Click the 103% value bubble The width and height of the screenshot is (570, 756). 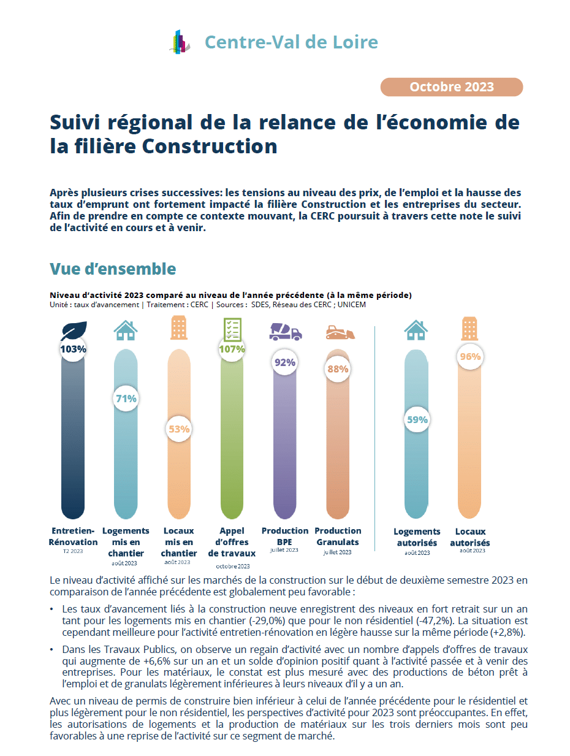[72, 349]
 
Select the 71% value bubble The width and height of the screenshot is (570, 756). [126, 399]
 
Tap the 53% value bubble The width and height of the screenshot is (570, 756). [178, 429]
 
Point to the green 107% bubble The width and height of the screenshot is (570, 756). [232, 349]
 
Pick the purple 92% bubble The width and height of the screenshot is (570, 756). [284, 362]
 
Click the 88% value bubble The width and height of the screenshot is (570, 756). [338, 369]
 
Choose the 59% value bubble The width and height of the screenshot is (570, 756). [417, 419]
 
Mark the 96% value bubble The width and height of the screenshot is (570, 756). [470, 356]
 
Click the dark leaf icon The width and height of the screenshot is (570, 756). [74, 330]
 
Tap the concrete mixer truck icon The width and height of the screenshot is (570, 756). [286, 332]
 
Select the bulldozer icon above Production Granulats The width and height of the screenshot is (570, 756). [340, 332]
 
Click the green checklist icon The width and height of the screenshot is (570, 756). [232, 329]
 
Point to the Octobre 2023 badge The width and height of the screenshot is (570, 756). [451, 87]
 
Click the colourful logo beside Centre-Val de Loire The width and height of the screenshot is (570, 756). [180, 42]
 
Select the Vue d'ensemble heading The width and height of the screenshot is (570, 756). [113, 269]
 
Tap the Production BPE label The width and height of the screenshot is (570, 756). [284, 536]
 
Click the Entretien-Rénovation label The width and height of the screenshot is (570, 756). [73, 536]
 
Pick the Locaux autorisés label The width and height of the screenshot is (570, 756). [470, 537]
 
